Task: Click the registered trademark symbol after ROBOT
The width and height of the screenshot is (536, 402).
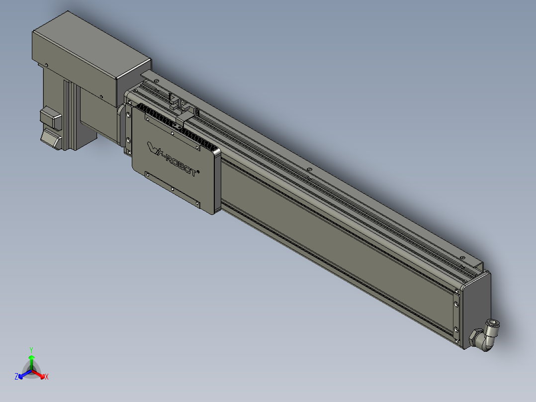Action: pos(199,172)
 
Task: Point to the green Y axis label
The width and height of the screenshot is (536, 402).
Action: pos(31,349)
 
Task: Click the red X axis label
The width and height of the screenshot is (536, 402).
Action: pos(46,377)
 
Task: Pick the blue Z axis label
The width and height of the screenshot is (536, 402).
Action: pos(16,377)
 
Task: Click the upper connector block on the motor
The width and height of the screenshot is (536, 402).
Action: pos(50,117)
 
